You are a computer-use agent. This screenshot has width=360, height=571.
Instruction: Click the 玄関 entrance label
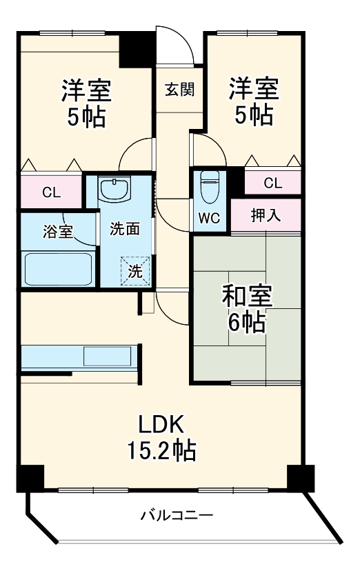[180, 89]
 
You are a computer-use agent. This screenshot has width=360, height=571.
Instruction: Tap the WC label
[209, 218]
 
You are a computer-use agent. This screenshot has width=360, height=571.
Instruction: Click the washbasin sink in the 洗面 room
[114, 189]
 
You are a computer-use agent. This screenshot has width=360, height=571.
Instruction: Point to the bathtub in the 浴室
[58, 269]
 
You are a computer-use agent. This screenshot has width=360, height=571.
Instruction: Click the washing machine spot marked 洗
[135, 270]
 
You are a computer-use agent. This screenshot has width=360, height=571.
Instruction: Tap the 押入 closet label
[266, 215]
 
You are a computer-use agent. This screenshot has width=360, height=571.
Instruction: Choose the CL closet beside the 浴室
[51, 192]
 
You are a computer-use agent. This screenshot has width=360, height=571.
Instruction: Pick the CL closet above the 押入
[273, 183]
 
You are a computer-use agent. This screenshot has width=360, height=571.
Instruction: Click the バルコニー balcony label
[177, 515]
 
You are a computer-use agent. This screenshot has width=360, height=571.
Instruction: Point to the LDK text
[161, 424]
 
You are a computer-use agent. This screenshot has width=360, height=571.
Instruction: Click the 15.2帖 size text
[161, 450]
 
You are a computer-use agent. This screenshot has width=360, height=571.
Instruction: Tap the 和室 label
[247, 296]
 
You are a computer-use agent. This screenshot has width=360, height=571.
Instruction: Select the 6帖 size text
[246, 321]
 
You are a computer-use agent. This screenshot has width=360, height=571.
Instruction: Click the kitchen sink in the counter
[108, 356]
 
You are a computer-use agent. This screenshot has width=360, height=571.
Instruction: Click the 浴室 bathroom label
[58, 231]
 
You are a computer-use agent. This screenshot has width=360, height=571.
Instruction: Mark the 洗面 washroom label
[125, 229]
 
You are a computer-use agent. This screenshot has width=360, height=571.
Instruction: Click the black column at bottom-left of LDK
[30, 478]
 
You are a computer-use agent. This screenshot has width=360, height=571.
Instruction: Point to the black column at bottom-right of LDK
[301, 478]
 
